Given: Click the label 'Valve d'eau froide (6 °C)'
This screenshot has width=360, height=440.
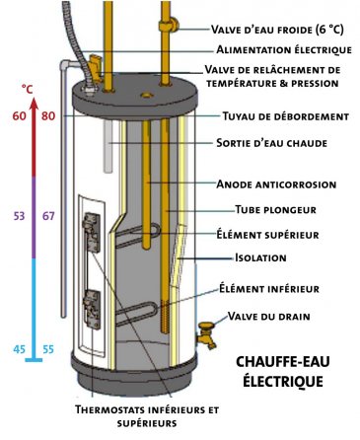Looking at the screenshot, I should point(281,29).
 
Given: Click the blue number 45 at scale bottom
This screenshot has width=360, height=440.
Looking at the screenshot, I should point(19,348).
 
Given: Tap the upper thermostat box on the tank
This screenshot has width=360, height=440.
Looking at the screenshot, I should point(91,235).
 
